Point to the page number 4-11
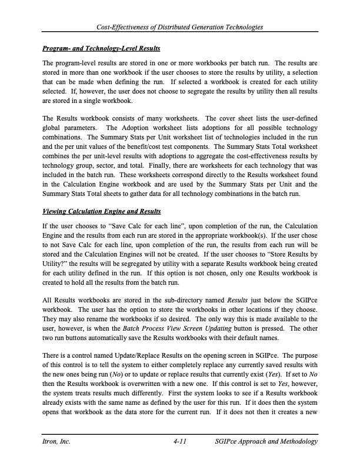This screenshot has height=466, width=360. pyautogui.click(x=180, y=441)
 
